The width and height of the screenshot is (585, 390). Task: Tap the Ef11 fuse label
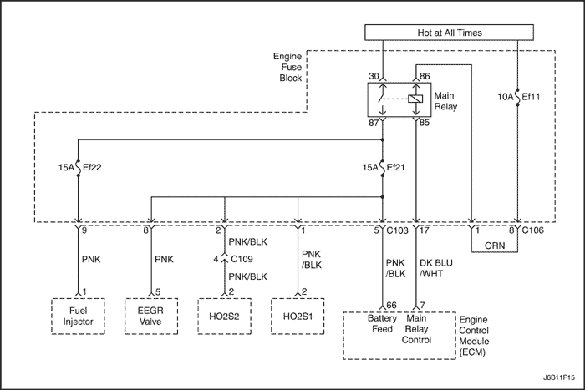pyautogui.click(x=531, y=97)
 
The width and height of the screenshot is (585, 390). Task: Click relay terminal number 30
pyautogui.click(x=373, y=76)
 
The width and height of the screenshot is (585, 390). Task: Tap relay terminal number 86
pyautogui.click(x=424, y=76)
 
